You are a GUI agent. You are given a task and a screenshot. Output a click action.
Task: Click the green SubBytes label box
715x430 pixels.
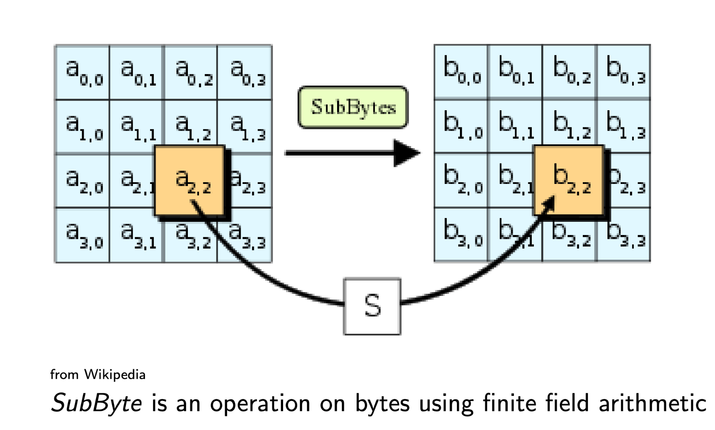coord(353,107)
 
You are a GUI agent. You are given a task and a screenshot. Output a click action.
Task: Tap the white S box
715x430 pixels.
coord(372,307)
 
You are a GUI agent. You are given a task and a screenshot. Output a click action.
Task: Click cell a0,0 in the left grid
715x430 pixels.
coord(82,72)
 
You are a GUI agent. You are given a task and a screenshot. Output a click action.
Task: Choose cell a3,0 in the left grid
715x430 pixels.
coord(82,235)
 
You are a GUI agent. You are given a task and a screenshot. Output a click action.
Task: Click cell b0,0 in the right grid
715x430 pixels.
coord(461,72)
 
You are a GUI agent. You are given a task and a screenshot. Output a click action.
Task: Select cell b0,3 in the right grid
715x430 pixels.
coord(624,72)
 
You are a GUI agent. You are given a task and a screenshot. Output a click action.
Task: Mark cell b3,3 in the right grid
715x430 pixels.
coord(624,235)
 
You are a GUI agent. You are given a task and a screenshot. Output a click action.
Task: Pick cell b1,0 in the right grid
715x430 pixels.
coord(461,126)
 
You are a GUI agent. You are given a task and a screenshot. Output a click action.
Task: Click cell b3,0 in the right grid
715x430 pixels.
coord(461,235)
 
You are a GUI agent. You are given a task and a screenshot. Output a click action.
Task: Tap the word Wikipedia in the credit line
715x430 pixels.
coord(115,375)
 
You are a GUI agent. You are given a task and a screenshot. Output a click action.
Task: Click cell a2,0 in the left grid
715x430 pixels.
coord(82,181)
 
